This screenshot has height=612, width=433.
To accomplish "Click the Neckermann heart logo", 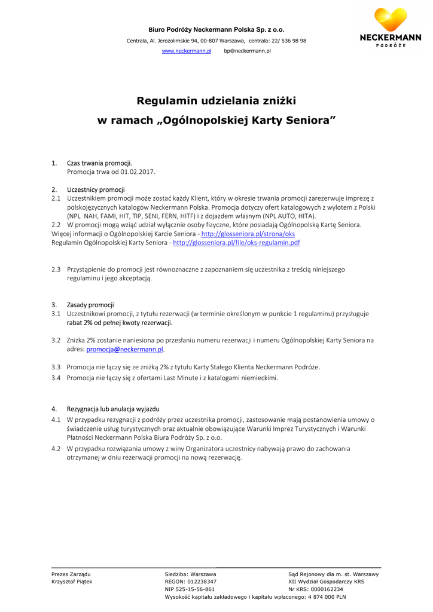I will coord(390,20).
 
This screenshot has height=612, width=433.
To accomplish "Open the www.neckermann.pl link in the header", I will coord(187,51).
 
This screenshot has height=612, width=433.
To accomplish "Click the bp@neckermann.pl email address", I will coord(247,51).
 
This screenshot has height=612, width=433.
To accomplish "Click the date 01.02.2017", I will coord(138,172).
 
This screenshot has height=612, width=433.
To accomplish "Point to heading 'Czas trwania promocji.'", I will coord(99,163).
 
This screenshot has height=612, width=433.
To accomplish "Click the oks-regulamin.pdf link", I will coord(236,243).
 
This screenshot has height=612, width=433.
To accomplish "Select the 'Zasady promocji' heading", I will coord(90,305).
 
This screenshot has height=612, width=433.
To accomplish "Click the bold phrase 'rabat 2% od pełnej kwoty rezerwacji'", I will coord(120,323).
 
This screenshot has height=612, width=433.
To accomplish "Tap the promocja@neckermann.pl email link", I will coord(125,349).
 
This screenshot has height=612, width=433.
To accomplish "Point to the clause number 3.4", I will coord(56,378).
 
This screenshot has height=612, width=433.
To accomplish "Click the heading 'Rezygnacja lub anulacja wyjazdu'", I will coord(113,409).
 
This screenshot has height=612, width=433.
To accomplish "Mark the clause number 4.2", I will coord(56,448).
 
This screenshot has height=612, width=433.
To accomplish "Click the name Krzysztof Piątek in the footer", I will coord(72,582).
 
